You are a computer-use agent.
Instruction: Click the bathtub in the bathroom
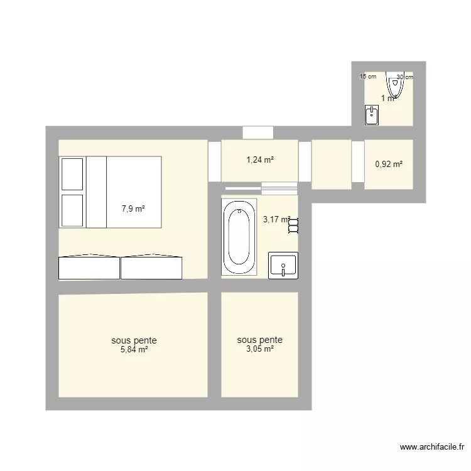click(x=239, y=237)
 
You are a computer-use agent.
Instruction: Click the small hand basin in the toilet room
click(x=372, y=115)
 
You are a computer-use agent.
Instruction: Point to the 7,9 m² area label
click(x=134, y=208)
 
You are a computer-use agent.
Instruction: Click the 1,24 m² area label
click(x=259, y=160)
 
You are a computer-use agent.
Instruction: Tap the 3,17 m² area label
click(x=276, y=219)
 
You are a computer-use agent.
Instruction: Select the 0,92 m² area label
click(x=389, y=165)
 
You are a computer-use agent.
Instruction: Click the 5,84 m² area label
click(x=134, y=350)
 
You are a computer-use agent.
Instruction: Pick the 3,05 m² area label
click(x=259, y=349)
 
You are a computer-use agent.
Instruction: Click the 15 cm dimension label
click(x=367, y=77)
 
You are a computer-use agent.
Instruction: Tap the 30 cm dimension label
click(x=405, y=77)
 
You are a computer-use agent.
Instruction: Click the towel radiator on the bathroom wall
click(x=293, y=225)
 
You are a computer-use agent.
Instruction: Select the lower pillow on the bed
click(x=72, y=210)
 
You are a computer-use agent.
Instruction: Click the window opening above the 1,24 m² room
click(x=257, y=133)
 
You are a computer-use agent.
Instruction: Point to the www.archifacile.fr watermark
click(x=432, y=448)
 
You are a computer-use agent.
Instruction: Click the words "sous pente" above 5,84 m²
click(x=134, y=340)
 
